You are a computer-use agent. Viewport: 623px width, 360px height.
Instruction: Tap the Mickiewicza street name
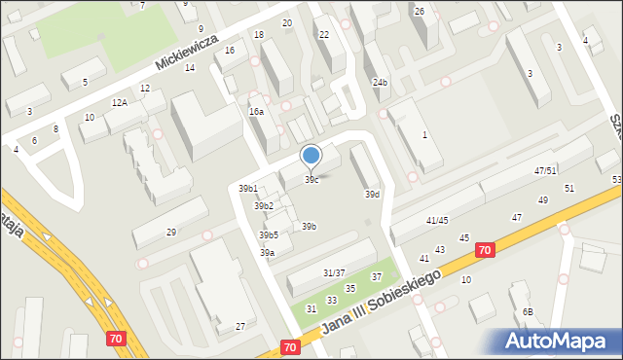coord(189,52)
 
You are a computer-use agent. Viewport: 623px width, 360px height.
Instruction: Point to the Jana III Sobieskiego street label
coord(382,303)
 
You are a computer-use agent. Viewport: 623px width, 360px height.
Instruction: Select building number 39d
coord(372,195)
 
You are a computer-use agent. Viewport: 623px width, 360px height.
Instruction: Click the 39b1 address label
coord(248,189)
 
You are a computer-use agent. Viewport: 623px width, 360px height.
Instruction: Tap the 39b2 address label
coord(264,206)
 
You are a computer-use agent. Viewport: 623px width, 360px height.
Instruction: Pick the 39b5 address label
coord(269,235)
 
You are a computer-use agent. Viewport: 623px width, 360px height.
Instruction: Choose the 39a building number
coord(267,253)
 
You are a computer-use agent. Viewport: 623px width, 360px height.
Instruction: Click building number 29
coord(171,232)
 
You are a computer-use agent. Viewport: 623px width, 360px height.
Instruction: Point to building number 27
coord(240,326)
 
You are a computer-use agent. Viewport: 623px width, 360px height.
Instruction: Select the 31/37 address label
coord(335,273)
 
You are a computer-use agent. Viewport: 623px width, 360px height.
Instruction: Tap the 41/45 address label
coord(437,221)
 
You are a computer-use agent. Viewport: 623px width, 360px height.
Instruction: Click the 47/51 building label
coord(545,170)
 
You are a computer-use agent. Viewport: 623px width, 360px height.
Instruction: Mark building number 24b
coord(380,83)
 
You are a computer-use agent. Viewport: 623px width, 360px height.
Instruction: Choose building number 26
coord(420,12)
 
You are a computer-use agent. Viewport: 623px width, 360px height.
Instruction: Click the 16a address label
coord(256,112)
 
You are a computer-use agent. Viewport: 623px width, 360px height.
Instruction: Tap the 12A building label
coord(119,102)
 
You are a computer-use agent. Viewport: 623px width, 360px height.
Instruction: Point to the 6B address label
coord(527,311)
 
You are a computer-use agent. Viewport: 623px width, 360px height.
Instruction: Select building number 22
coord(324,35)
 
